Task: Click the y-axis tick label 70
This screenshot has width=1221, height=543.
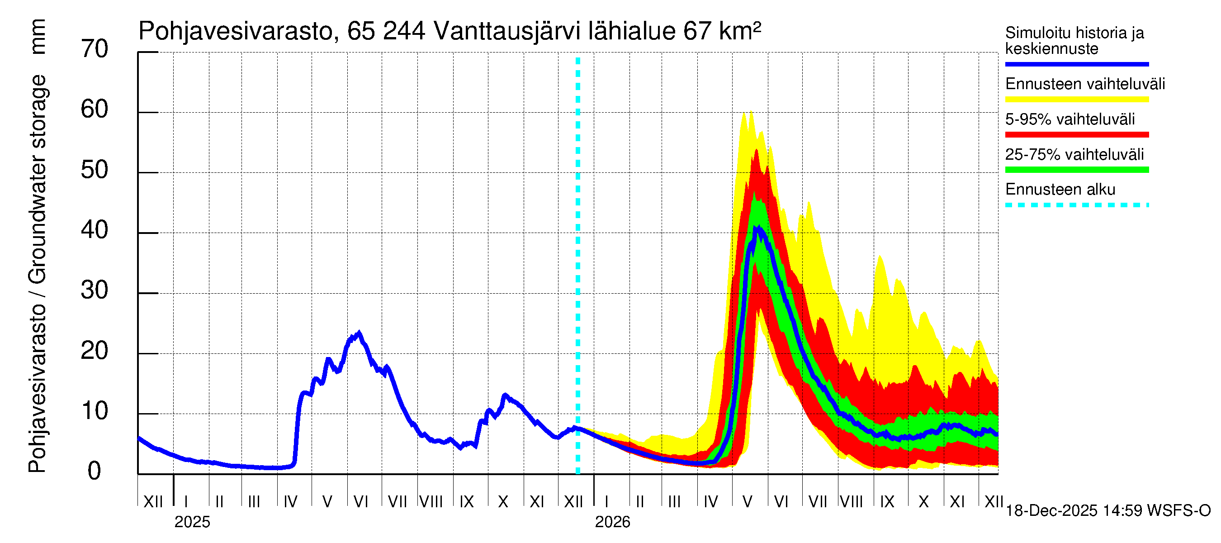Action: [x=95, y=49]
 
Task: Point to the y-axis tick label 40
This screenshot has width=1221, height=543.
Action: [x=95, y=230]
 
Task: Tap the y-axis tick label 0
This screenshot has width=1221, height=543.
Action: [x=95, y=472]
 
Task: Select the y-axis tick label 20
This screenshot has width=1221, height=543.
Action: [x=95, y=352]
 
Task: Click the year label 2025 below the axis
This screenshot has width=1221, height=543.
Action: [x=192, y=522]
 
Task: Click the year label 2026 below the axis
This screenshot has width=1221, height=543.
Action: [x=612, y=522]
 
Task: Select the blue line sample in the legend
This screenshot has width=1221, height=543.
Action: [x=1076, y=64]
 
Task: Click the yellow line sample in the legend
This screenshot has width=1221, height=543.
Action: [x=1076, y=100]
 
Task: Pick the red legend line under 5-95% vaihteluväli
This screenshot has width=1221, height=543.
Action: [x=1076, y=135]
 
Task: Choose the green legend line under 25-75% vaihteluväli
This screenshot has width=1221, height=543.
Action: [x=1076, y=170]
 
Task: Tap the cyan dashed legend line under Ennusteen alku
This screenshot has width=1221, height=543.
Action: [x=1076, y=205]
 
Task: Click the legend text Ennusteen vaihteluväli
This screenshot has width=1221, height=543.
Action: [x=1084, y=85]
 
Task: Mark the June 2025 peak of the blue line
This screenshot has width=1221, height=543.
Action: [x=359, y=333]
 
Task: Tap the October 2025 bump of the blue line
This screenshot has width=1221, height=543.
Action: [x=505, y=395]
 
